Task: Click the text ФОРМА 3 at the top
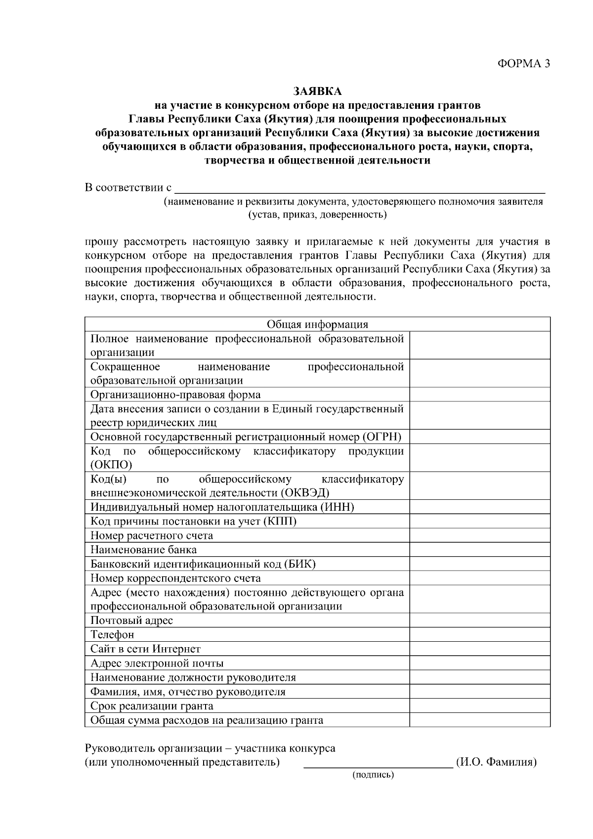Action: click(x=523, y=63)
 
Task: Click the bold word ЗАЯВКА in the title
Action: click(x=317, y=91)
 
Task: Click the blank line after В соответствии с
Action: click(x=360, y=188)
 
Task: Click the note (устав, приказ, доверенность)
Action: click(x=317, y=215)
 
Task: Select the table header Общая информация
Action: click(x=317, y=324)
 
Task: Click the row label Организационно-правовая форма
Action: click(x=175, y=395)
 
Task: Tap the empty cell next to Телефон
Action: click(x=479, y=634)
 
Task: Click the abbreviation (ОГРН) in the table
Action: click(x=382, y=437)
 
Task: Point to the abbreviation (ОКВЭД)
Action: click(x=305, y=493)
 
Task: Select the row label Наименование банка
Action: click(x=143, y=550)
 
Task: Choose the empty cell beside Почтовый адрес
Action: click(x=479, y=620)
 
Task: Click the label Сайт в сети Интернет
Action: click(x=145, y=649)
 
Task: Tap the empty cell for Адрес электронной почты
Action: click(x=479, y=663)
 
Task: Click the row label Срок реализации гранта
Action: click(x=152, y=706)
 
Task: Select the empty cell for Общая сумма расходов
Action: click(x=479, y=720)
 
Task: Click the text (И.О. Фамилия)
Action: click(x=496, y=762)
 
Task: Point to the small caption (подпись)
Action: click(x=373, y=775)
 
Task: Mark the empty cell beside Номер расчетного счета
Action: click(x=479, y=535)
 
